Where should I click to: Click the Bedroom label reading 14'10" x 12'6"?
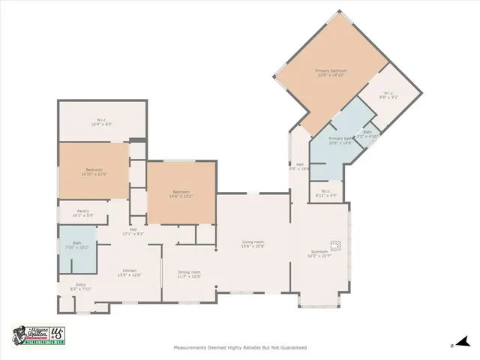(x=94, y=170)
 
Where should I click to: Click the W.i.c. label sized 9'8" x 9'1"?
(x=388, y=94)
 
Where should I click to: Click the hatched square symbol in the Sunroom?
(x=339, y=244)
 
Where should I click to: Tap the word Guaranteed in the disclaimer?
(x=291, y=348)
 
